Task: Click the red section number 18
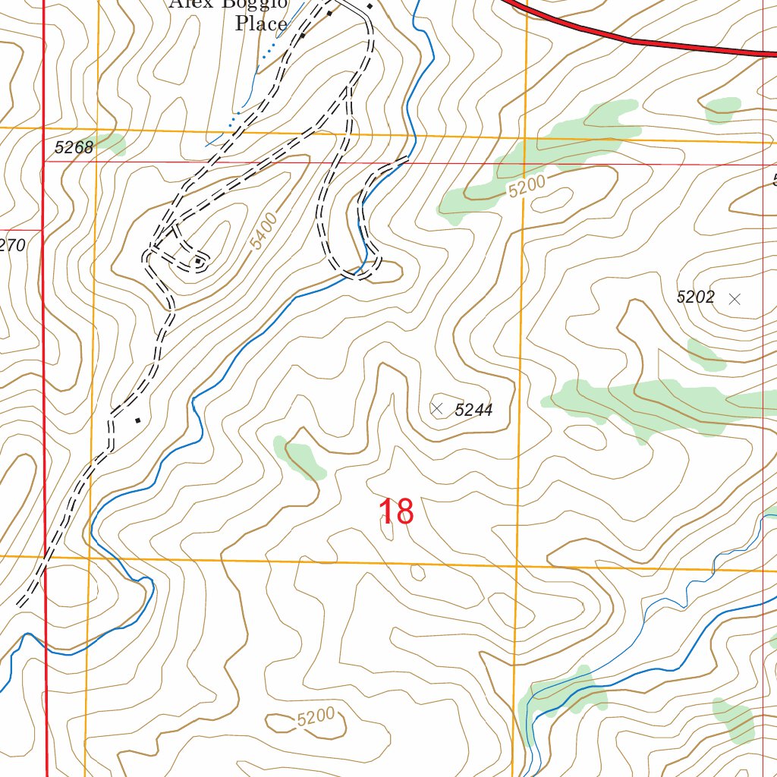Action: pos(396,512)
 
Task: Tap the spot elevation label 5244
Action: pos(473,411)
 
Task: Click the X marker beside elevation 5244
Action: pos(437,409)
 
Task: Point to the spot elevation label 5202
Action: pos(695,297)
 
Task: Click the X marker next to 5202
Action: pos(734,299)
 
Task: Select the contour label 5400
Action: pos(263,231)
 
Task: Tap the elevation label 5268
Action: pos(74,147)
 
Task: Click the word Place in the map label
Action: pos(261,24)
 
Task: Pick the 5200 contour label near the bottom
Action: pos(316,717)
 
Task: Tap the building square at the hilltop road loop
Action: pos(198,262)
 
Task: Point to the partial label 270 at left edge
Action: pos(13,245)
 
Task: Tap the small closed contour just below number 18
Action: pos(417,573)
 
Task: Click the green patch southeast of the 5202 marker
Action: pos(706,354)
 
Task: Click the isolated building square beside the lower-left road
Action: pos(137,420)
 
